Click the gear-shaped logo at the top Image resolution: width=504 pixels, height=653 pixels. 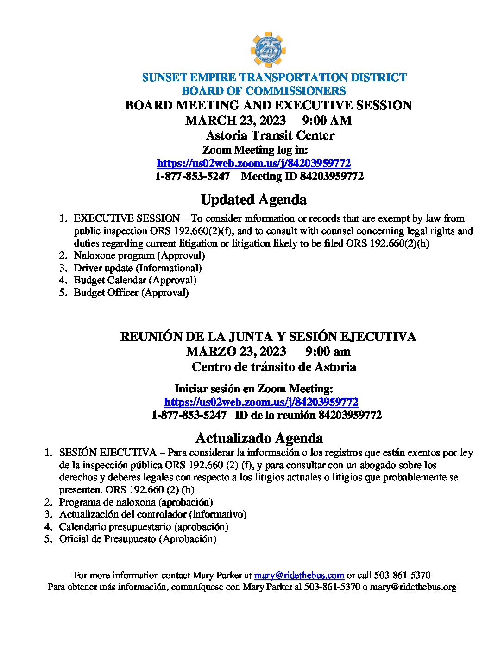(268, 50)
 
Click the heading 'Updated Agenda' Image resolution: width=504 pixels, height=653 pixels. (253, 199)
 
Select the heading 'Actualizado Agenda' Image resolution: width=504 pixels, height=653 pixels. (259, 438)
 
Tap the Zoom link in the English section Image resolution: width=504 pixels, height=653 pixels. (253, 163)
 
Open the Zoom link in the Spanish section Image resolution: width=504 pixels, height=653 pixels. (261, 402)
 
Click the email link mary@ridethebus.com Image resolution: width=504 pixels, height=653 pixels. (299, 575)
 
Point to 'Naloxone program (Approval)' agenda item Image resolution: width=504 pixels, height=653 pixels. (139, 256)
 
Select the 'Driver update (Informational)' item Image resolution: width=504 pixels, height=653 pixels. (138, 268)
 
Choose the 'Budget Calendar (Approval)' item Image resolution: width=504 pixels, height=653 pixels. (135, 280)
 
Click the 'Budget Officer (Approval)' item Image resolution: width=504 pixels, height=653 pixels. (131, 293)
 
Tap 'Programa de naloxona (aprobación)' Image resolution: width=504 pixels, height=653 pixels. (136, 502)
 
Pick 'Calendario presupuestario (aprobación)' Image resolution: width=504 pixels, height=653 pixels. (144, 527)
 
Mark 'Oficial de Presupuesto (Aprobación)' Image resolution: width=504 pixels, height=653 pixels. (138, 539)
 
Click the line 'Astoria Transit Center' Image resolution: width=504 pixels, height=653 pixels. (270, 135)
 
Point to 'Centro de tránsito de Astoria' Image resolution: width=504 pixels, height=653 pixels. (274, 367)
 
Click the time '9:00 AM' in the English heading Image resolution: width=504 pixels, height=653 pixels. (327, 121)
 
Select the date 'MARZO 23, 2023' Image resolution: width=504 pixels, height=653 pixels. (236, 351)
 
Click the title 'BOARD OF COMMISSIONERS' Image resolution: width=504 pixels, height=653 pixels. (264, 91)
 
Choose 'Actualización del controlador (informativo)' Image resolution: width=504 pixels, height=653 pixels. (152, 514)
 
